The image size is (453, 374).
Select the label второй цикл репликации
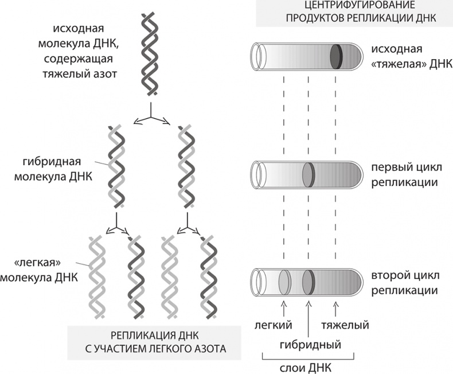(x=405, y=282)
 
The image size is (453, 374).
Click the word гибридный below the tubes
(x=310, y=345)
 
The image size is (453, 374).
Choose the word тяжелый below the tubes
(x=343, y=325)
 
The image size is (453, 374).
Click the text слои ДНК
(x=310, y=367)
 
